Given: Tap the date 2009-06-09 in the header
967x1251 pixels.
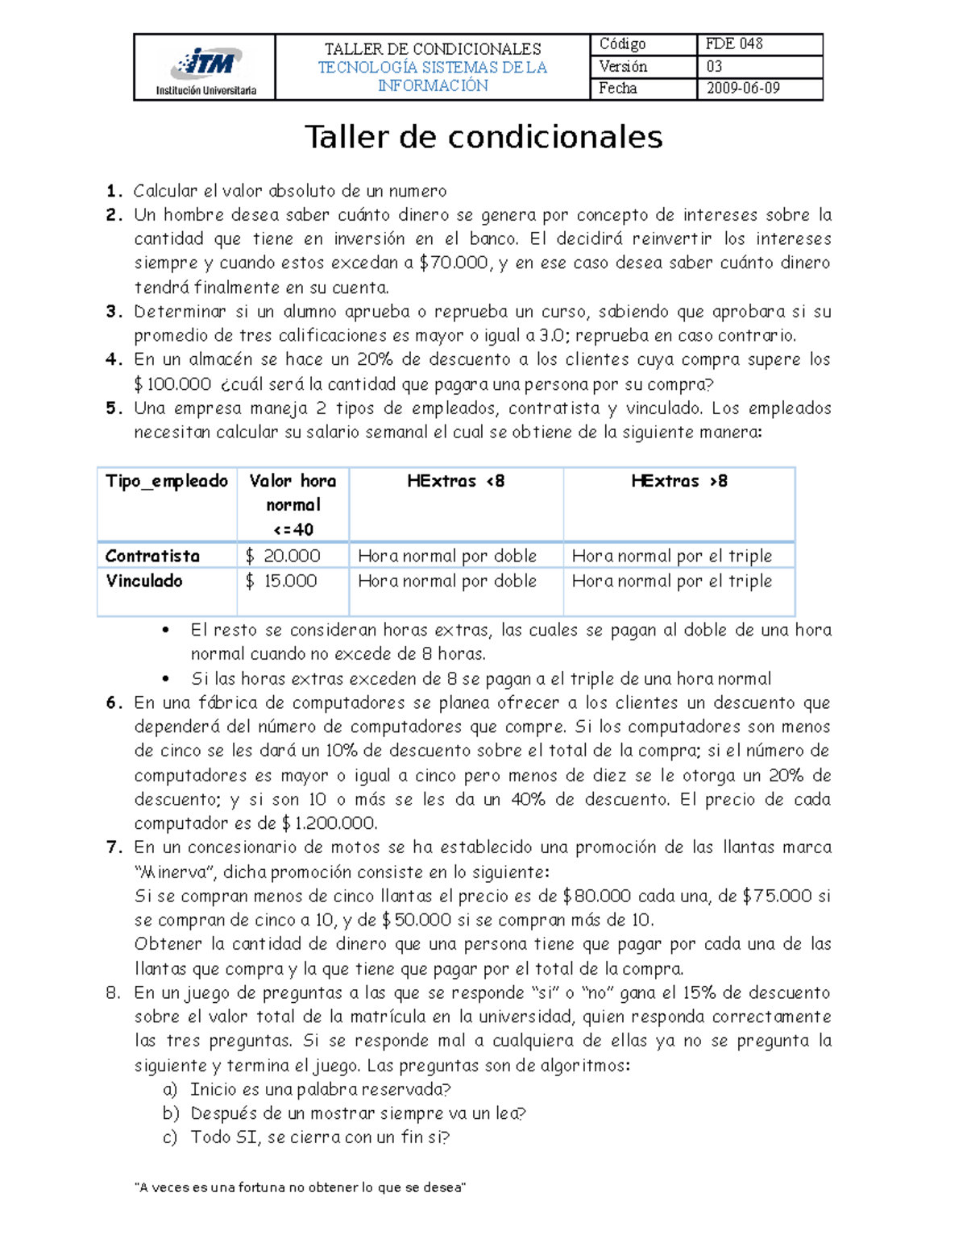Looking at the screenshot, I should pos(742,89).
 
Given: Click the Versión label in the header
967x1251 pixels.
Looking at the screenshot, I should pos(622,67).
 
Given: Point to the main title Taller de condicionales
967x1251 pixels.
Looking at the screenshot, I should pos(483,137).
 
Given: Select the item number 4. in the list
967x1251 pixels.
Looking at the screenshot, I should pos(114,360).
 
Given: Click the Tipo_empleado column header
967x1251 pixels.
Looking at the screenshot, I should pos(167,481).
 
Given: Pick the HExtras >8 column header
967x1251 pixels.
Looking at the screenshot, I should pos(679,481).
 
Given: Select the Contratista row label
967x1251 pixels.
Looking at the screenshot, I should pos(152,556).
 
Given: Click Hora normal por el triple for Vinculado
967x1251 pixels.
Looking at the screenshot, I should pos(671,581).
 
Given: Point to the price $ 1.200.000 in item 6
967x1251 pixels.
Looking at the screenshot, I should pos(329,823).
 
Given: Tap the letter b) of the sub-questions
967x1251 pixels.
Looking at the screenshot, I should pos(170,1113).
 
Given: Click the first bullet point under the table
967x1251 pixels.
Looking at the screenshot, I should pos(166,631).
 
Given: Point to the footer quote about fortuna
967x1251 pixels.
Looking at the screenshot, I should pos(300,1187).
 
